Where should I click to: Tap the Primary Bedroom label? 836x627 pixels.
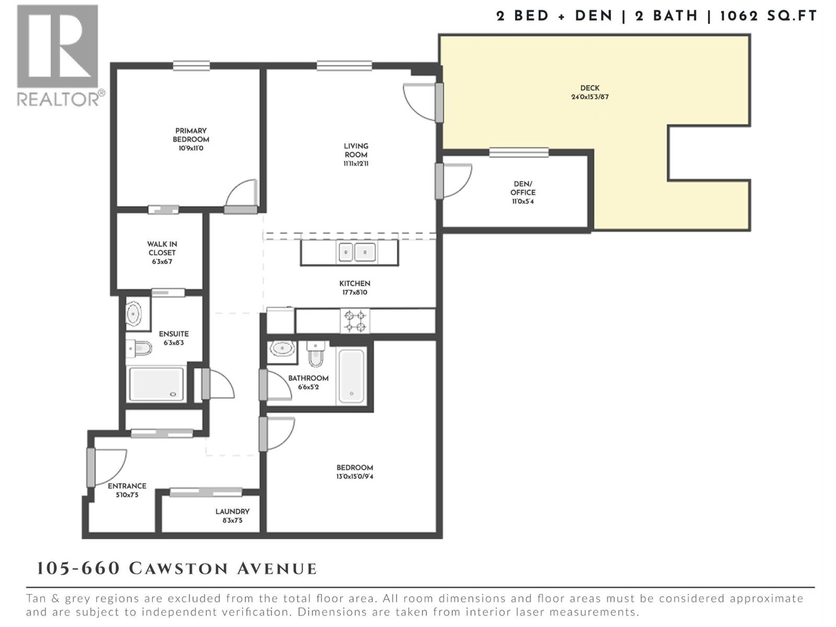pyautogui.click(x=191, y=135)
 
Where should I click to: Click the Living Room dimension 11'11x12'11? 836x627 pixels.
pyautogui.click(x=356, y=164)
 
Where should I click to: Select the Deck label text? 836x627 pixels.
pyautogui.click(x=589, y=88)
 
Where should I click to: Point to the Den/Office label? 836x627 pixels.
pyautogui.click(x=522, y=188)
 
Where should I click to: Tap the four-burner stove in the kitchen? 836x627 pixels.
pyautogui.click(x=355, y=321)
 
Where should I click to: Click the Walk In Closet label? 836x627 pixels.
pyautogui.click(x=161, y=248)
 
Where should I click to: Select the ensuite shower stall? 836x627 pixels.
pyautogui.click(x=156, y=384)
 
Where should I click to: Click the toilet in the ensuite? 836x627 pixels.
pyautogui.click(x=138, y=347)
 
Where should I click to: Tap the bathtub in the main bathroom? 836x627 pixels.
pyautogui.click(x=351, y=376)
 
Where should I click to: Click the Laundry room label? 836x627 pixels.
pyautogui.click(x=233, y=512)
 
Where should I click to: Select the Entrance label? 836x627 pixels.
pyautogui.click(x=127, y=486)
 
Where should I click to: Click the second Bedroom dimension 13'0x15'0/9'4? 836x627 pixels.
pyautogui.click(x=355, y=477)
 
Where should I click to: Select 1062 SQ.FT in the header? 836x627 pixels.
pyautogui.click(x=768, y=16)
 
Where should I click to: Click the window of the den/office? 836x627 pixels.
pyautogui.click(x=519, y=153)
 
